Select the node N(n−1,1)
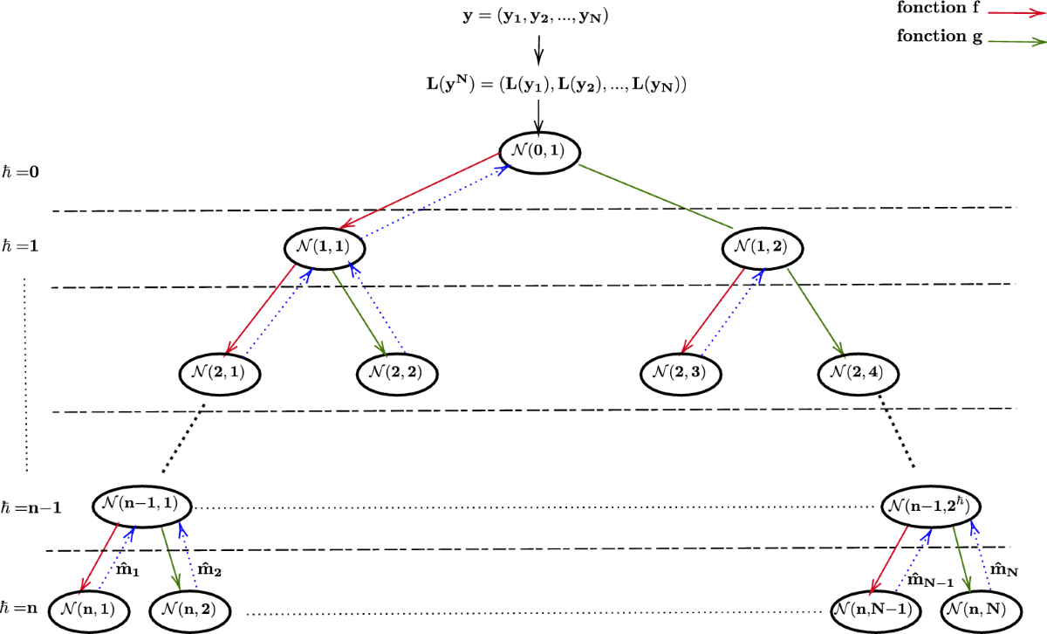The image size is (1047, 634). [142, 506]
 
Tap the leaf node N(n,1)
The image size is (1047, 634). [89, 608]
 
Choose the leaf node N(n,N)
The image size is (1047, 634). [982, 608]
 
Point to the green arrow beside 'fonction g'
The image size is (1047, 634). [1014, 40]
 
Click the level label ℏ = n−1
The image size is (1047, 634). [31, 507]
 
